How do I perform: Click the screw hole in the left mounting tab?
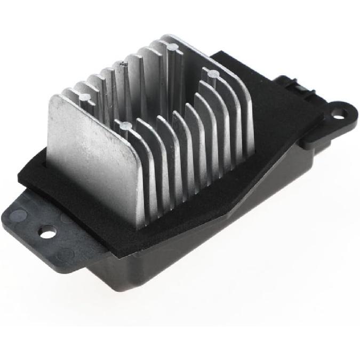[x=47, y=232]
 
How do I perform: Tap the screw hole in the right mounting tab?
[x=337, y=113]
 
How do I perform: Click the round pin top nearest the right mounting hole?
[x=212, y=73]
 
